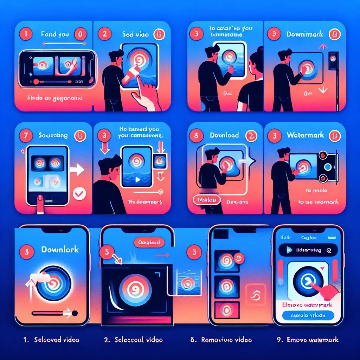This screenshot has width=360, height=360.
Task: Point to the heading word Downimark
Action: pyautogui.click(x=304, y=35)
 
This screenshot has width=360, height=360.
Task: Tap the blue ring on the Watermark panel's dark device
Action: pyautogui.click(x=328, y=167)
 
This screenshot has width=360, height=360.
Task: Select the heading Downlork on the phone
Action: pyautogui.click(x=60, y=250)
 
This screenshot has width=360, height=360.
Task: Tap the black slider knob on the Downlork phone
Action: pyautogui.click(x=74, y=312)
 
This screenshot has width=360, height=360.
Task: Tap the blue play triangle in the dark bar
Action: pyautogui.click(x=289, y=250)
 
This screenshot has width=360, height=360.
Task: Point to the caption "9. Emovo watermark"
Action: pyautogui.click(x=308, y=340)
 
